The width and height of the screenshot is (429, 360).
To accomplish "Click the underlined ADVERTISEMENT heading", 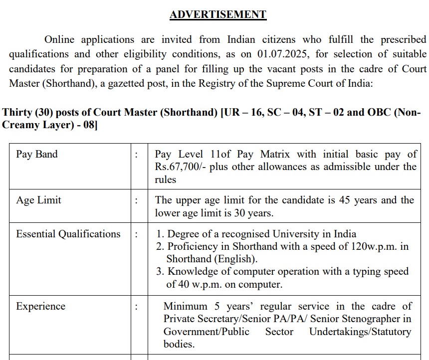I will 218,14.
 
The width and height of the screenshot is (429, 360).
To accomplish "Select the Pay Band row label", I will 37,154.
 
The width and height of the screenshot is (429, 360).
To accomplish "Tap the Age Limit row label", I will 38,200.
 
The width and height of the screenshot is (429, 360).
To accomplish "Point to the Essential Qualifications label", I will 68,234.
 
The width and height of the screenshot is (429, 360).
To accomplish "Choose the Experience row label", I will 40,306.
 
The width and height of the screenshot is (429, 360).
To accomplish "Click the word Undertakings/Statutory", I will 360,332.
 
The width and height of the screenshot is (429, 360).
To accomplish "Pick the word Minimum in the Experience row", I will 186,306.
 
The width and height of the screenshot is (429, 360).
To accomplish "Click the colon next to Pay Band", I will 136,155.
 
